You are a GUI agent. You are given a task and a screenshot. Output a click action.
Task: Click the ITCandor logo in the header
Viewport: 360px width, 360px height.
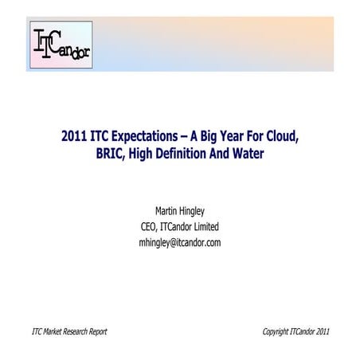point(60,45)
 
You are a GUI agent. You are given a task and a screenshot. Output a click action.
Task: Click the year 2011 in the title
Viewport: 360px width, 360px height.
point(73,135)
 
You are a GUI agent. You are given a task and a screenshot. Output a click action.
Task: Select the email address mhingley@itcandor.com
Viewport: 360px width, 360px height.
point(180,242)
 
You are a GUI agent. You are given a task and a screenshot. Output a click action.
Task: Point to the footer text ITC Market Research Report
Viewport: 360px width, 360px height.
point(68,331)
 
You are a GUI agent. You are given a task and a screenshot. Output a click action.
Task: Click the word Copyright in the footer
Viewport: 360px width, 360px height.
point(280,331)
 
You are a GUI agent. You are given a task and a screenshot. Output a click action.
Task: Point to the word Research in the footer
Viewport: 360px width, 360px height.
point(76,331)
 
